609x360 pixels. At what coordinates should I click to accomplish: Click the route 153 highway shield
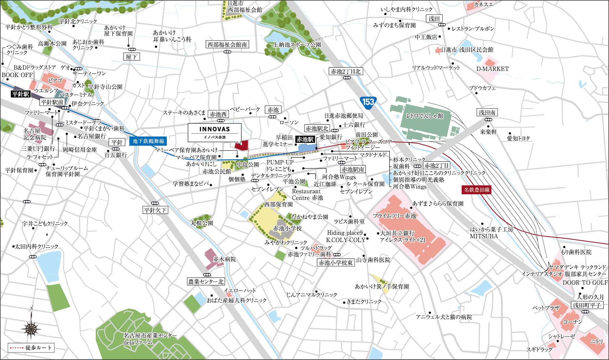click(x=368, y=101)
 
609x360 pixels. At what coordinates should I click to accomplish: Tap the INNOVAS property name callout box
click(x=214, y=132)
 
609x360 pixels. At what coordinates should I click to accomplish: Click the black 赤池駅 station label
click(x=305, y=139)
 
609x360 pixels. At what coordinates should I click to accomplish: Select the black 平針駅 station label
click(x=20, y=94)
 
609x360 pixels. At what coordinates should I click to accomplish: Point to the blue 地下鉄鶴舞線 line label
click(x=148, y=141)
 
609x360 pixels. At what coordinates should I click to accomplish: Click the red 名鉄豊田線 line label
click(x=477, y=190)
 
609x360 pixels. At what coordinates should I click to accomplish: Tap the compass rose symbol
click(x=31, y=327)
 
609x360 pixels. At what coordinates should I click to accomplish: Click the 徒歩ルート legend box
click(x=31, y=348)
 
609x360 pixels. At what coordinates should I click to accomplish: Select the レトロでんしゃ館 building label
click(x=424, y=116)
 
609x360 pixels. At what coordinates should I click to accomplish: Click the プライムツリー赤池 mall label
click(x=394, y=216)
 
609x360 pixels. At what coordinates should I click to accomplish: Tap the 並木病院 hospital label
click(x=224, y=259)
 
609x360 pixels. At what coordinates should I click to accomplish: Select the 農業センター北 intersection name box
click(x=206, y=282)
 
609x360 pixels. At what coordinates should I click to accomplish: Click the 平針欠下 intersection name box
click(x=155, y=210)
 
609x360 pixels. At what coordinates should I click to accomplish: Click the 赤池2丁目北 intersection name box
click(x=346, y=72)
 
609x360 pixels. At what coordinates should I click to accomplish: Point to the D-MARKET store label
click(x=492, y=69)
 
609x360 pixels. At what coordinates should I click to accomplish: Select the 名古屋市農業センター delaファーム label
click(x=150, y=339)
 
